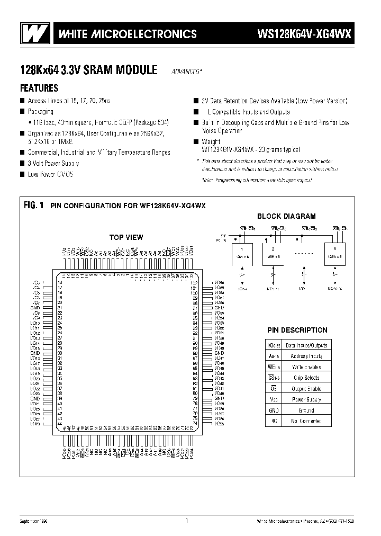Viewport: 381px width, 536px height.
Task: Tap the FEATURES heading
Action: [39, 88]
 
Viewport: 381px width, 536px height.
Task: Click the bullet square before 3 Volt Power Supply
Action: [22, 163]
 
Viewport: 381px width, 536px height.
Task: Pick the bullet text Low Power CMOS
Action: [51, 174]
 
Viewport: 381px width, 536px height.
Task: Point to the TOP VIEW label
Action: [126, 237]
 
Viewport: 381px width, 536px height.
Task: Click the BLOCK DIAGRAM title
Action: [286, 216]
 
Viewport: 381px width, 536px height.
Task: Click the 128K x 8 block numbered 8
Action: [333, 252]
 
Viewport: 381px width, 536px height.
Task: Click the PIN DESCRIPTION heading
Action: [297, 330]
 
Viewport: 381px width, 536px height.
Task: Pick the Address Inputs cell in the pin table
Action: [306, 356]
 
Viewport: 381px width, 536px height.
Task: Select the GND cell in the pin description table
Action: [273, 410]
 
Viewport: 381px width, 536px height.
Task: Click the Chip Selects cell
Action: [306, 378]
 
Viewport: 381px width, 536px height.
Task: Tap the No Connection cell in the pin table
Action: [306, 421]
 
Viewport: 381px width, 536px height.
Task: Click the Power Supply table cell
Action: [306, 399]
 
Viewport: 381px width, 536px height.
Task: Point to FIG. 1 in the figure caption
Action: [33, 205]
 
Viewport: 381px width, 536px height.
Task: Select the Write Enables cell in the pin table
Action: [306, 367]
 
